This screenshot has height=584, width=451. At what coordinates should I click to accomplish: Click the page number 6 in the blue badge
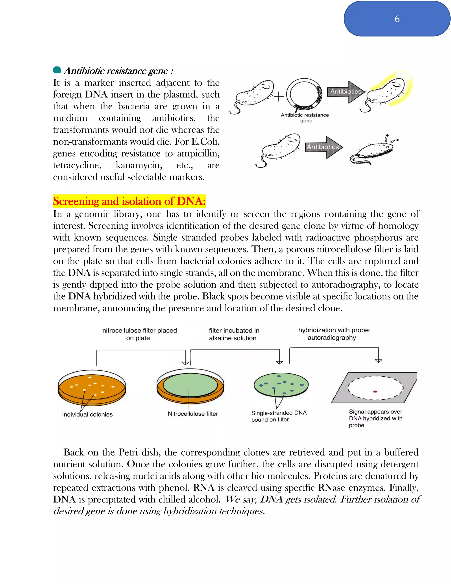click(x=397, y=19)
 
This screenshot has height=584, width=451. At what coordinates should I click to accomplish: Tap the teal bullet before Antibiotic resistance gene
click(x=57, y=70)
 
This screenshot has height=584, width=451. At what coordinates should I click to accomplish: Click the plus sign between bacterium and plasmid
click(x=279, y=97)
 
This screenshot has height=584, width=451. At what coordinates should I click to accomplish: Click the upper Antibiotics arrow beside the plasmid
click(x=346, y=92)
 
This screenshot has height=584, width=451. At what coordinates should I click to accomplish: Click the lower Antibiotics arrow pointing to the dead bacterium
click(x=323, y=147)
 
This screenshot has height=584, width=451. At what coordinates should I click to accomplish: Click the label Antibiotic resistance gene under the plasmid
click(x=305, y=118)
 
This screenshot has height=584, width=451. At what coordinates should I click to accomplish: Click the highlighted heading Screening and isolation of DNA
click(x=129, y=201)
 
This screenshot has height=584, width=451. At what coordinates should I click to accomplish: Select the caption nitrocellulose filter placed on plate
click(x=139, y=334)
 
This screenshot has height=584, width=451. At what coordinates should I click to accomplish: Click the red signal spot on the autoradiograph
click(x=375, y=392)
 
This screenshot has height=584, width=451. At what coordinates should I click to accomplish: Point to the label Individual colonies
click(x=87, y=414)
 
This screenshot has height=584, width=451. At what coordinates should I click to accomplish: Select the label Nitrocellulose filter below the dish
click(x=193, y=414)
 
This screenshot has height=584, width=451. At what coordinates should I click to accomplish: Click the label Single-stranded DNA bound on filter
click(x=278, y=416)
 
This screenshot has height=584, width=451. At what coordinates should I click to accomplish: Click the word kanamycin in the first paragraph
click(x=139, y=165)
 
